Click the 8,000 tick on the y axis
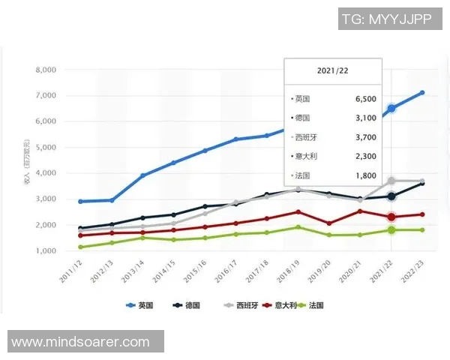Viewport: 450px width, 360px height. pos(46,70)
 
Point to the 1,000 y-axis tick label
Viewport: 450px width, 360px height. pos(46,250)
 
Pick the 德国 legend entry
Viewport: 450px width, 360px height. pos(186,305)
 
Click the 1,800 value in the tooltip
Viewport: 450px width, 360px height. pos(364,175)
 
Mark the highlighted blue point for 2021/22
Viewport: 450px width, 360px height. pos(391,109)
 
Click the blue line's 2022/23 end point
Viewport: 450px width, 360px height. pos(422,93)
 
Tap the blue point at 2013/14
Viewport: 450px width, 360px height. pos(143,175)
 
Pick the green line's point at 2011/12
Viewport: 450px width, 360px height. pos(81,247)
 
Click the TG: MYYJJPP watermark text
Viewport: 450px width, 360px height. pos(386,19)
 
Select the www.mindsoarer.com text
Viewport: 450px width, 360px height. pos(81,342)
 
